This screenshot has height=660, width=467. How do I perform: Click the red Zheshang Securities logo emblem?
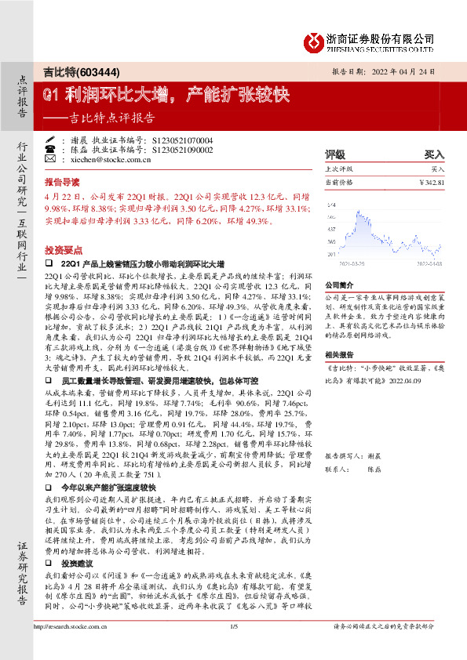point(315,42)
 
